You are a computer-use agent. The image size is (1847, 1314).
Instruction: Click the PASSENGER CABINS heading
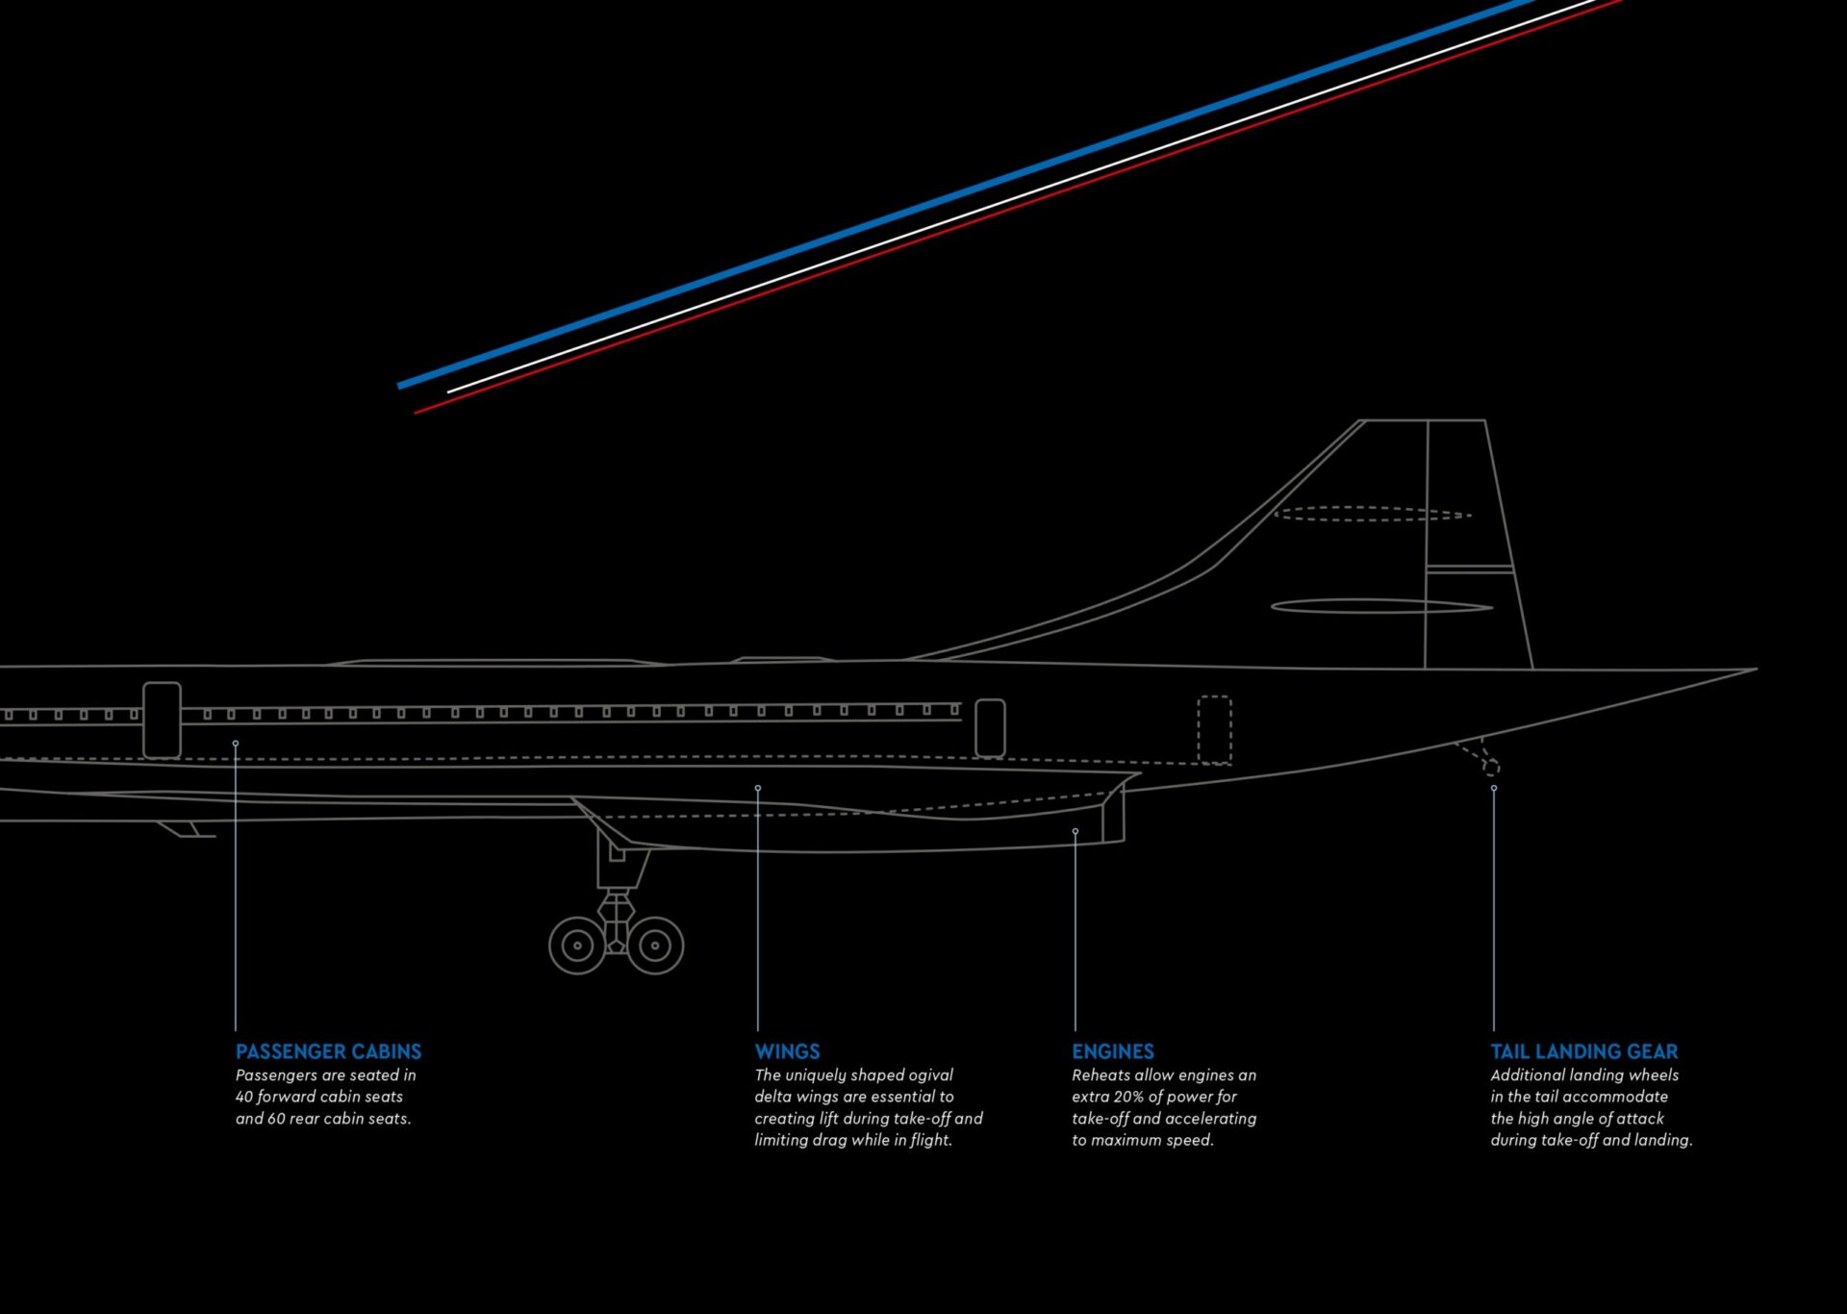tap(328, 1051)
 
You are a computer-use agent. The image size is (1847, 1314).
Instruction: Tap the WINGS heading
tap(787, 1051)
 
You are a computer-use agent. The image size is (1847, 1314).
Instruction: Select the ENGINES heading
tap(1112, 1051)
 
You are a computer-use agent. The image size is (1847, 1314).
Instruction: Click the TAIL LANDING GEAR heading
tap(1583, 1051)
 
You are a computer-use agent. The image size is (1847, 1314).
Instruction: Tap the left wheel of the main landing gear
tap(577, 946)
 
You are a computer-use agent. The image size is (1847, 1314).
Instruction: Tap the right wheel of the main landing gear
tap(655, 946)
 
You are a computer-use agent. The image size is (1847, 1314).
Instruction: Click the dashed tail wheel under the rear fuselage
tap(1490, 767)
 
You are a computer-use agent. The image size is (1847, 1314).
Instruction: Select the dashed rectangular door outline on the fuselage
tap(1214, 730)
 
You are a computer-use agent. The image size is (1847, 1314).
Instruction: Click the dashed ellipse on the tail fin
tap(1373, 515)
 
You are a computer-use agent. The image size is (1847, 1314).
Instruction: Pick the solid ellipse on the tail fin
tap(1381, 606)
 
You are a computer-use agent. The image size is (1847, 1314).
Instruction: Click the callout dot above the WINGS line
tap(758, 789)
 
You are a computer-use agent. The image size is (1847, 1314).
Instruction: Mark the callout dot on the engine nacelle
tap(1075, 831)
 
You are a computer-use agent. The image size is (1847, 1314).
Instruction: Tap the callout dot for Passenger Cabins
tap(236, 744)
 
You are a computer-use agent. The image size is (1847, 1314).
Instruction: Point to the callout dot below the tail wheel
tap(1494, 789)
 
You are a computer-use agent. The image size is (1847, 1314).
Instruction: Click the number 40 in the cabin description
tap(244, 1097)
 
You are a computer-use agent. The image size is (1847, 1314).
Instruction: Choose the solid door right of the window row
tap(990, 728)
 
